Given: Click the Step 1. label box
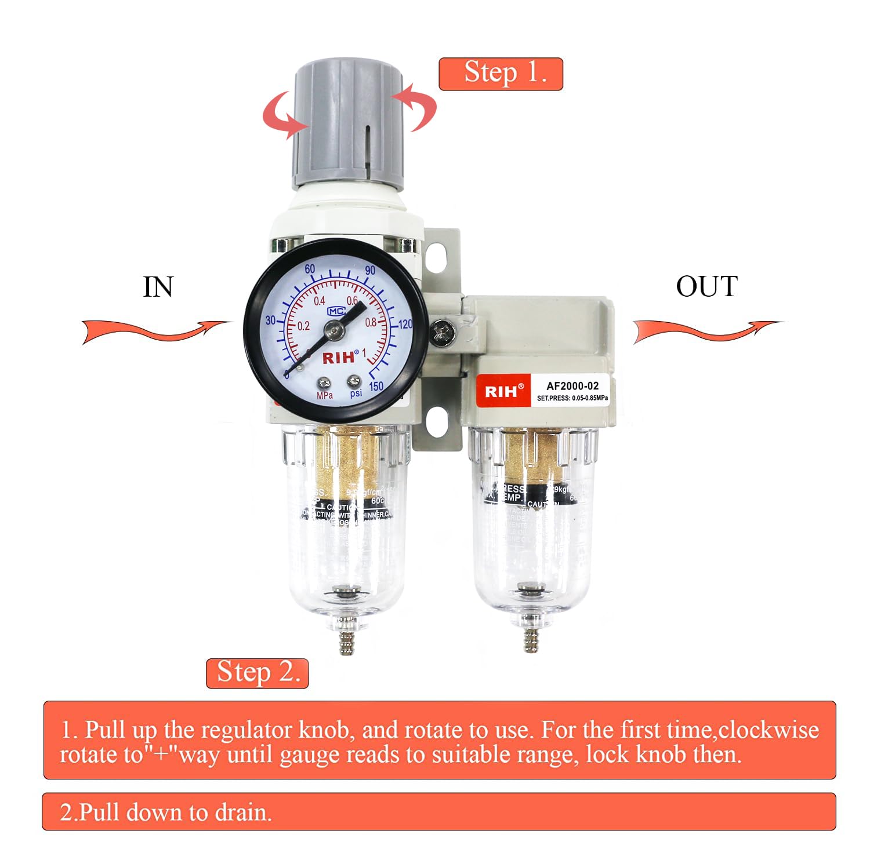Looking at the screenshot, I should (x=501, y=74).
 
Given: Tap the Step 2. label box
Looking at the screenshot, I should (x=257, y=673).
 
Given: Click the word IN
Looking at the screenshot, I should (x=158, y=287).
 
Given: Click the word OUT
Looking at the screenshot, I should (x=706, y=286).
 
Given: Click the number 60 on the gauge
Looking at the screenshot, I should (x=310, y=268).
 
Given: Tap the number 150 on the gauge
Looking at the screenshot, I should (x=376, y=386).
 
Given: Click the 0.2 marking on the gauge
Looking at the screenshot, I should (x=303, y=326).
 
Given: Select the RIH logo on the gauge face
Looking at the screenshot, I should (x=338, y=358).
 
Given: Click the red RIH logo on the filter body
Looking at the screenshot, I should (x=501, y=391).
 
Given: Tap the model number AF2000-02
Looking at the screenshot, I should (x=572, y=385).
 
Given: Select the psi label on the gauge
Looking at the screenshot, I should (x=356, y=393).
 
